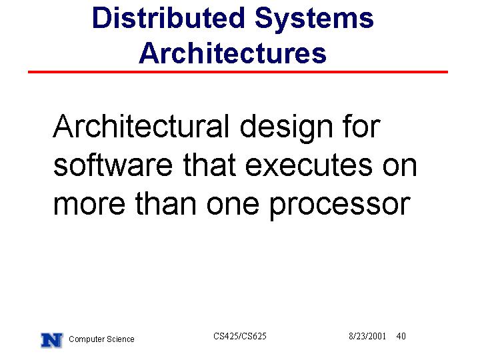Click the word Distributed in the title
169,18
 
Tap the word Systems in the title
314,19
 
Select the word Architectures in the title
233,53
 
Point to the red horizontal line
238,72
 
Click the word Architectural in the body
141,126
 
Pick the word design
286,129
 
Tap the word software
113,165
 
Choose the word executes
309,166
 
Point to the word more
89,205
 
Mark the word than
165,203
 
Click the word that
209,165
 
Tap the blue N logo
52,340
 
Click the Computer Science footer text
101,339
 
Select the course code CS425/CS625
240,336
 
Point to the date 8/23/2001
367,336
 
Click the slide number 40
401,336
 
